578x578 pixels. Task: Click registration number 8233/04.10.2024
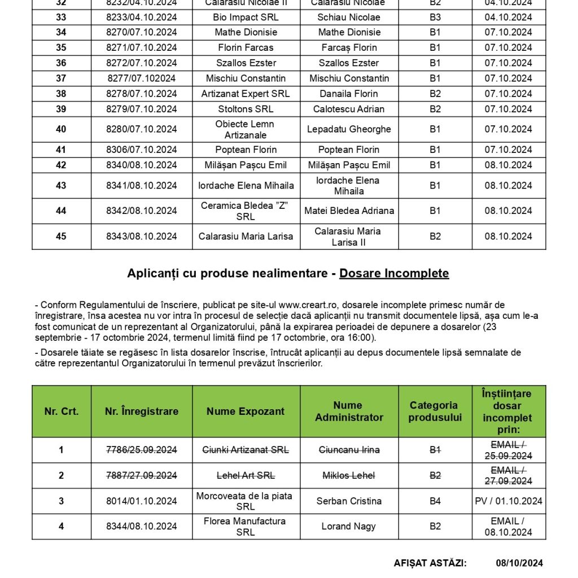pos(142,17)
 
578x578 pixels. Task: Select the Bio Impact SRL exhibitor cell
pos(246,17)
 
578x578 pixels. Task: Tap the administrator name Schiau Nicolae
pos(349,17)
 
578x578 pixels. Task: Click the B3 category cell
pos(435,17)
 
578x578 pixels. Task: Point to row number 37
pos(61,78)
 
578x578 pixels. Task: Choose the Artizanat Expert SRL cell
pos(246,94)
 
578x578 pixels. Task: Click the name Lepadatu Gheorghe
pos(349,129)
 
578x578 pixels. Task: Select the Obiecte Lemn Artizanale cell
pos(246,129)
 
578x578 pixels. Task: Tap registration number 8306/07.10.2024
pos(142,150)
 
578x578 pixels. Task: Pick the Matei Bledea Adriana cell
pos(349,211)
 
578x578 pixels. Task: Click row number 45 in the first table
pos(61,237)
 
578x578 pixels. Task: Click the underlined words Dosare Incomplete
pos(394,274)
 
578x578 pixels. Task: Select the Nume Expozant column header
pos(246,411)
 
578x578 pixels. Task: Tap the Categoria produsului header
pos(435,411)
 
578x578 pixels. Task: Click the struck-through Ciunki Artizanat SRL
pos(246,450)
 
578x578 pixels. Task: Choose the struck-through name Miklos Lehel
pos(349,475)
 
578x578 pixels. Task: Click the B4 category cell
pos(435,501)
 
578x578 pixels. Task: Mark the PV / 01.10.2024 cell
pos(508,501)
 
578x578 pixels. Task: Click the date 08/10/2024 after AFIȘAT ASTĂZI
pos(519,563)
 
